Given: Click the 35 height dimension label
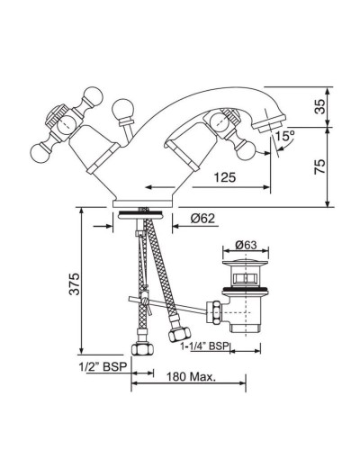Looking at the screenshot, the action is pos(320,106).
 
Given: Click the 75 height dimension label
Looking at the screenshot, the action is pos(320,166).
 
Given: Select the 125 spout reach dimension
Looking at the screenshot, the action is pos(225,177).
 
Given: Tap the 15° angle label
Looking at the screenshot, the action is pos(285,136).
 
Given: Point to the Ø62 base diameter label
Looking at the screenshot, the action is pos(202,219).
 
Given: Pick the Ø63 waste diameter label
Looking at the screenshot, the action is pos(246,245).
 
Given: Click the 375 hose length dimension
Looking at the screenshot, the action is pos(75,283).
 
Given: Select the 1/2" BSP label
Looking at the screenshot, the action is pos(103,366).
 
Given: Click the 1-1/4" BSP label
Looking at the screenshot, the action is pos(204,346).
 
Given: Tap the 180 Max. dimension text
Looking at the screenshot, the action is pos(192,377).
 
